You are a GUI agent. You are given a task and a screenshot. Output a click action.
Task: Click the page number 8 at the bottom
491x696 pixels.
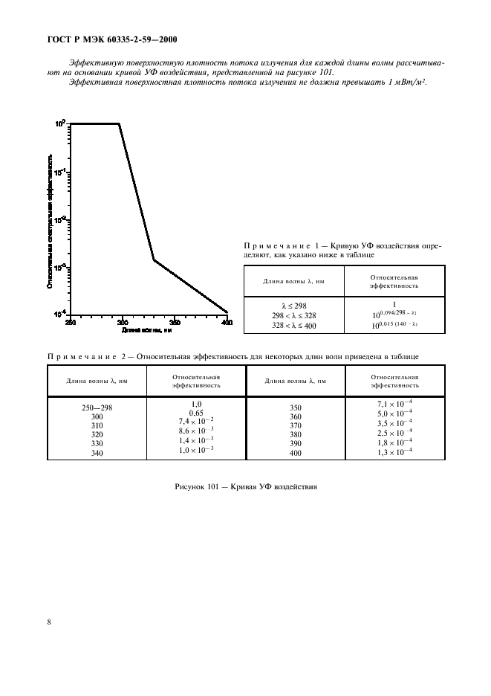(x=49, y=622)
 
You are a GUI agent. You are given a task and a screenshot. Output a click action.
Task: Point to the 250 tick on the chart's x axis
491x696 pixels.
(x=70, y=322)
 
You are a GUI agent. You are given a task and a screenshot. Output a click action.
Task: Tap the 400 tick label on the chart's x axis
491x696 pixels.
(x=227, y=322)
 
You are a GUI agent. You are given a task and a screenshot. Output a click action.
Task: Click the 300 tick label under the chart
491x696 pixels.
(x=123, y=322)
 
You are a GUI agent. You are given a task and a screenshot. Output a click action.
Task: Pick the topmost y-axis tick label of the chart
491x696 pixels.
(x=61, y=124)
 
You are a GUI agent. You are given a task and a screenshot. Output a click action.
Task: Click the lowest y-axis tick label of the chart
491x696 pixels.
(x=59, y=313)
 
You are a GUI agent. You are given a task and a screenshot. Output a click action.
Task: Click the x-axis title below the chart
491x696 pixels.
(x=148, y=329)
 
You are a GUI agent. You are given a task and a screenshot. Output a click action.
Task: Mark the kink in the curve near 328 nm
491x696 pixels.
(x=153, y=260)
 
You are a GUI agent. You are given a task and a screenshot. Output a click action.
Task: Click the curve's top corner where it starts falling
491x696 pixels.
(x=120, y=124)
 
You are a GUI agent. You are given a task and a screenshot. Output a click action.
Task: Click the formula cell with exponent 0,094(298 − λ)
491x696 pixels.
(x=394, y=315)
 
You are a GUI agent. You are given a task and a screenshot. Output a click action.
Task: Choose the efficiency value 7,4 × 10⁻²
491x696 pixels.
(x=196, y=421)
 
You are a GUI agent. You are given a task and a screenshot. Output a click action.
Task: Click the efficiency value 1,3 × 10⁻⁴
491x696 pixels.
(x=394, y=452)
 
